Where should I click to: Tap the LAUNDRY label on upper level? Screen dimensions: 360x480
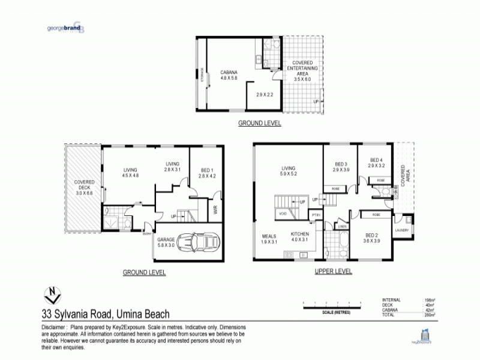click(403, 230)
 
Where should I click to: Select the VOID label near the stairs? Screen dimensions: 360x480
click(282, 214)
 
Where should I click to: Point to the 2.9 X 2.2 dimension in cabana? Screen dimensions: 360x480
click(264, 95)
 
